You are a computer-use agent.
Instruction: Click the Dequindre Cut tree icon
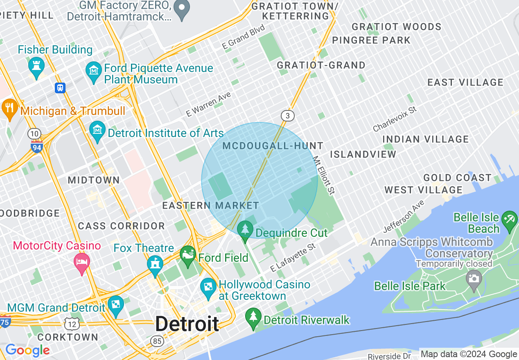245,230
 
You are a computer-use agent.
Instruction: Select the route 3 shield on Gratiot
288,116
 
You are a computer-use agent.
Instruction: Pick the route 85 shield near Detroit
156,341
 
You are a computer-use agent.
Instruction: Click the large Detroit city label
187,324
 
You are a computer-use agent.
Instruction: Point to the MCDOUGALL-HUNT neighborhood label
273,146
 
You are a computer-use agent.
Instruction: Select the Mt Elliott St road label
324,175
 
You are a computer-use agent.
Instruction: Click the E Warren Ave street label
208,105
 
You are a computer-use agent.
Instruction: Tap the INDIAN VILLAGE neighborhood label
426,139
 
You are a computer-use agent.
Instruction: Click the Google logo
27,350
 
